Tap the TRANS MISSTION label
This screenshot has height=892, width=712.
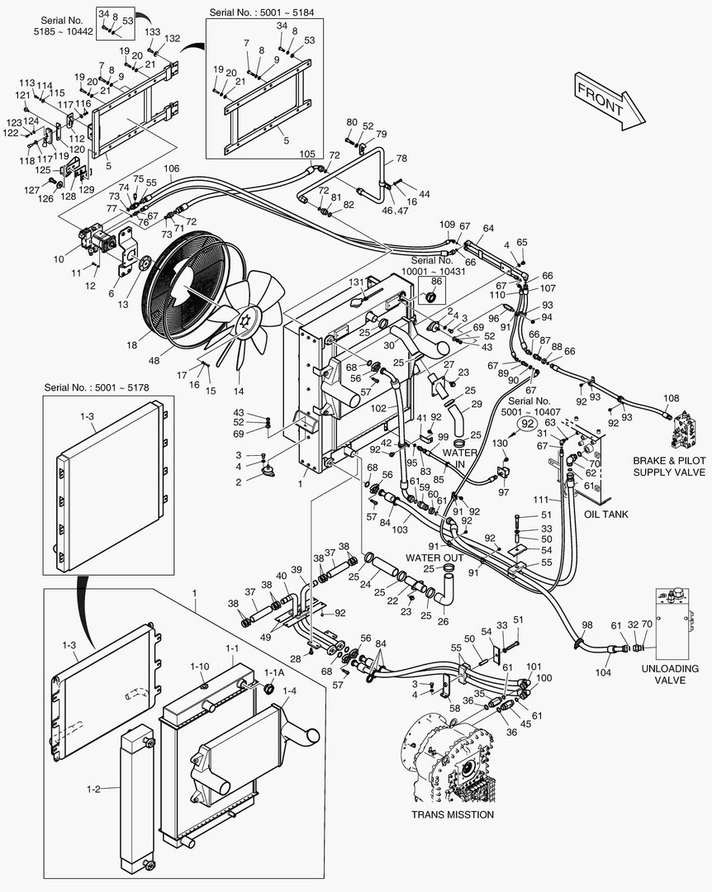click(x=453, y=814)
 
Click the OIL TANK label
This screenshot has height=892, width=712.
click(x=606, y=514)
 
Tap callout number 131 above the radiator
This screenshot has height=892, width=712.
click(x=356, y=282)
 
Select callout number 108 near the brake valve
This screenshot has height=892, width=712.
click(x=671, y=397)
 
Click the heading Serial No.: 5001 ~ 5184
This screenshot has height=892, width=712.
click(x=263, y=12)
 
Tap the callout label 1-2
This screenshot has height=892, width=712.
click(x=93, y=789)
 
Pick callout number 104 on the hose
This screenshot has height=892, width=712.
click(x=603, y=673)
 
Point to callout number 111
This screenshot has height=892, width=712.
click(x=541, y=501)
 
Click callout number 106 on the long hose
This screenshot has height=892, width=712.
click(x=171, y=168)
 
